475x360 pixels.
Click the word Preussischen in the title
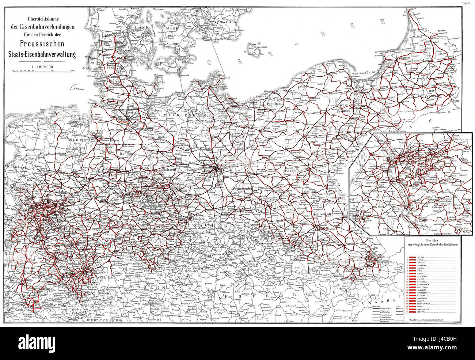point(44,46)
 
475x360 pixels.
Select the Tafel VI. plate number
point(467,3)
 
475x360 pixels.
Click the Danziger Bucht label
point(362,74)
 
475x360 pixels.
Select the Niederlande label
point(18,167)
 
